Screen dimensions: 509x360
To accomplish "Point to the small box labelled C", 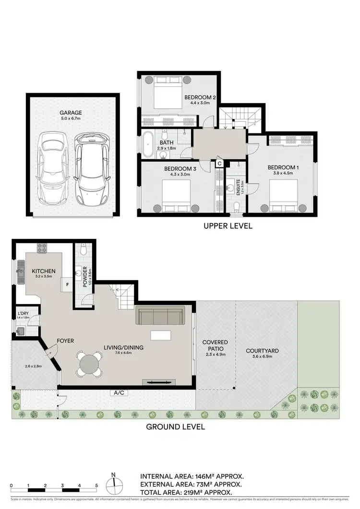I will [x=219, y=163].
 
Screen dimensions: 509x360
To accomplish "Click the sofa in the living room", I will [x=160, y=316].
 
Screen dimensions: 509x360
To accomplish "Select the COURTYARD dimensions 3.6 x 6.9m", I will [x=262, y=357].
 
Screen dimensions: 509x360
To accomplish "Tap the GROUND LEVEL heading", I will [x=175, y=426].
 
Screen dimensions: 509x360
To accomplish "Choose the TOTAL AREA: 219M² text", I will [x=186, y=492].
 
